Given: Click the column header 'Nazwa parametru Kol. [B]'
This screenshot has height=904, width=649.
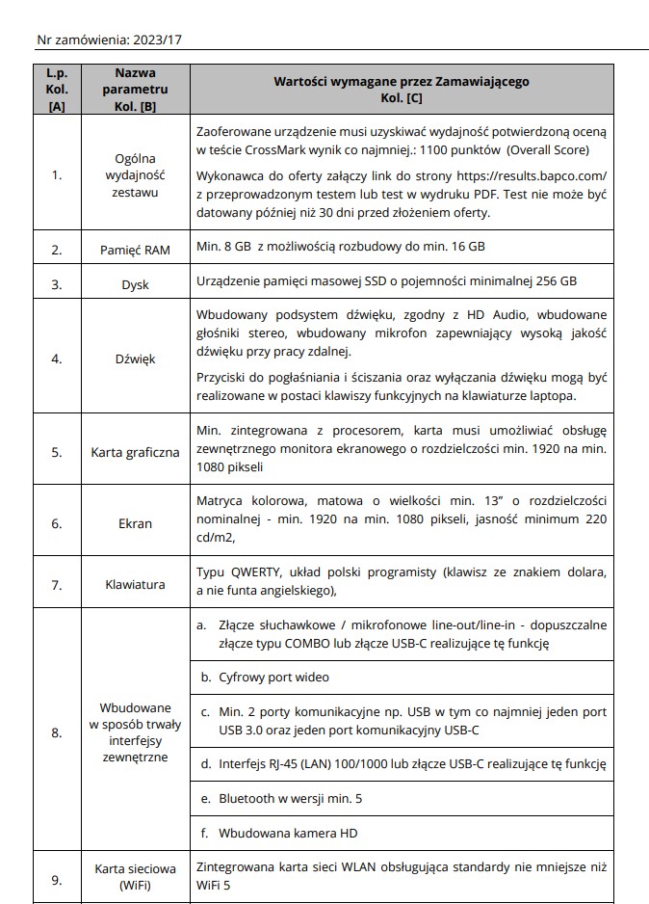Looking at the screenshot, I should [x=135, y=90].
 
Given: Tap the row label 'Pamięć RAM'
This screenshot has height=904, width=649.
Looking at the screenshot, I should [x=135, y=249].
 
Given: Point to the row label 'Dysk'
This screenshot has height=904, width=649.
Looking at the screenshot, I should [x=135, y=284].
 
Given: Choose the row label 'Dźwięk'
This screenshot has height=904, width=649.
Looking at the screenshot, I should [x=135, y=359].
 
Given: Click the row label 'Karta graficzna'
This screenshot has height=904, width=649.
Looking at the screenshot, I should [x=135, y=451].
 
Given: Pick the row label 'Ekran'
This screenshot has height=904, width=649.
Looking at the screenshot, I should [x=135, y=523].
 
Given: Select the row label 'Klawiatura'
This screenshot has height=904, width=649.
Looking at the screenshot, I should [x=135, y=584].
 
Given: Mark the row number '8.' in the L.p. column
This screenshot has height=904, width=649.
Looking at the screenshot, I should [x=57, y=732].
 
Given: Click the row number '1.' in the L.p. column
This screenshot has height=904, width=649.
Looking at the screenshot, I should [x=57, y=175].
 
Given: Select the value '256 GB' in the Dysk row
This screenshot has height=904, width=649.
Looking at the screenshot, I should [x=556, y=281].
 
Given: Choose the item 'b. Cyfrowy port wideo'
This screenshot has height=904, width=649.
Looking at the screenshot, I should [x=265, y=678].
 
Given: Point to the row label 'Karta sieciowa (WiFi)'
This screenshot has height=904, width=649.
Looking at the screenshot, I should [x=135, y=876].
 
